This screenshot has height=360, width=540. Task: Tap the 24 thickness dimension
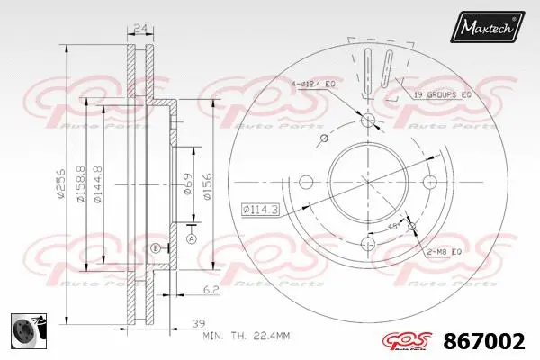tap(139, 27)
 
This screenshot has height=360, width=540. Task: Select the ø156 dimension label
tap(207, 186)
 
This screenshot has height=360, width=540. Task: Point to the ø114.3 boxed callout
tap(260, 209)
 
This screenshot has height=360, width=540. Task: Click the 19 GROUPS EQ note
tap(442, 94)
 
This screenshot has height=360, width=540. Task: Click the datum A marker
tap(191, 238)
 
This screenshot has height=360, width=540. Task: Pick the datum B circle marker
tap(155, 247)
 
